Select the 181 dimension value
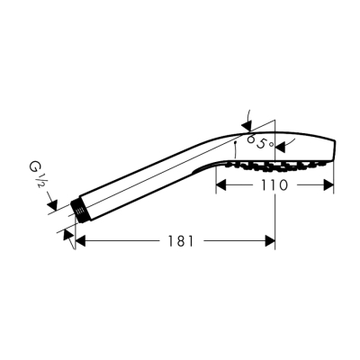point(179,240)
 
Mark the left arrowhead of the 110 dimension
point(221,186)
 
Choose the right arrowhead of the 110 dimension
point(330,186)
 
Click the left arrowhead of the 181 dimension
point(80,240)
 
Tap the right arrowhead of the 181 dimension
point(271,240)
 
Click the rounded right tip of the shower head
point(337,149)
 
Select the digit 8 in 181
point(179,240)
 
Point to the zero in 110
point(283,185)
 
